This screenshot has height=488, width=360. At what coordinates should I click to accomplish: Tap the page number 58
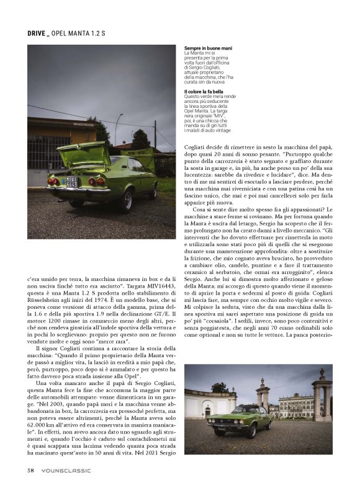30,470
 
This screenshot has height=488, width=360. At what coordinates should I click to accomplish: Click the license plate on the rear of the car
72,183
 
